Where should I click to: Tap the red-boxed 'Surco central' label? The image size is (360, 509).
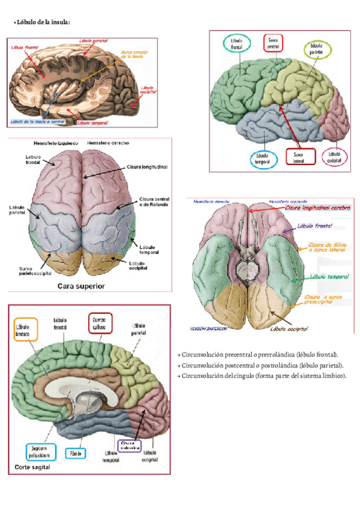tap(272, 43)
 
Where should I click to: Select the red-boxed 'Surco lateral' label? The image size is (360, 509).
tap(298, 157)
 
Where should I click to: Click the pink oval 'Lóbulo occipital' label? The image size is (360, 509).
tap(334, 157)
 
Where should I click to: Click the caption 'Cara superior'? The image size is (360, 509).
tap(80, 286)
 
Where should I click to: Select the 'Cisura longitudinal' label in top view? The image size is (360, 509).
tap(147, 166)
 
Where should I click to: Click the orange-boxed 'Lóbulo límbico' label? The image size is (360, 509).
tap(26, 330)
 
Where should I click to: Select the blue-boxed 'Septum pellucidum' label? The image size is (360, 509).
tap(39, 451)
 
